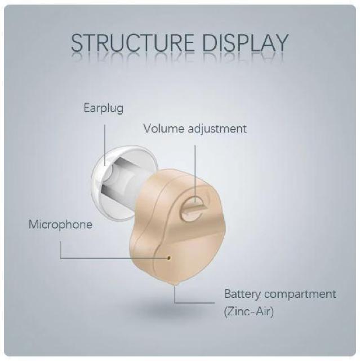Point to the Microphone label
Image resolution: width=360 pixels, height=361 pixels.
pos(60,224)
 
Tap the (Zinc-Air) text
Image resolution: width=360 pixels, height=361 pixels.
pos(248,311)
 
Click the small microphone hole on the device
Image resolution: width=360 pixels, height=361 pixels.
pos(169,257)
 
